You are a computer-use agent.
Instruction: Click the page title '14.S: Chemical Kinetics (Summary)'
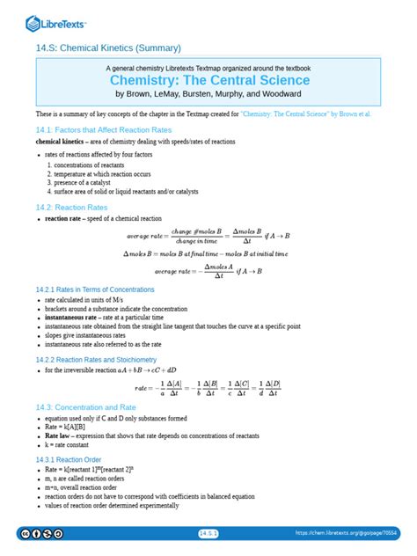108,48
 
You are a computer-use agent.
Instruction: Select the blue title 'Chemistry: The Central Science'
208,81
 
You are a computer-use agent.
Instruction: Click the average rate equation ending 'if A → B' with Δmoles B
208,236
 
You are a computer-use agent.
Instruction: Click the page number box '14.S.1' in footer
208,533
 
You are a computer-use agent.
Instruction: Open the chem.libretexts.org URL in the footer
346,533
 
